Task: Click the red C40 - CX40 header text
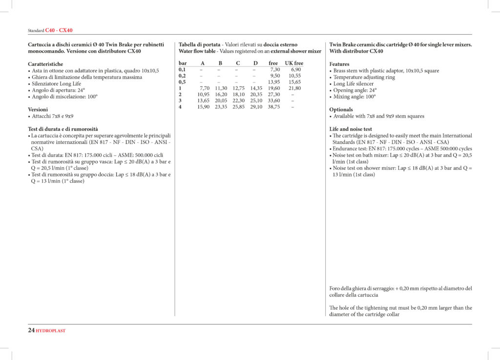pyautogui.click(x=59, y=30)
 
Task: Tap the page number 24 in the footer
pyautogui.click(x=31, y=330)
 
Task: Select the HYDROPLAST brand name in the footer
pyautogui.click(x=51, y=331)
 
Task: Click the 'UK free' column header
pyautogui.click(x=294, y=63)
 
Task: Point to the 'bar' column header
pyautogui.click(x=183, y=63)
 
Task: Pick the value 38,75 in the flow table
pyautogui.click(x=274, y=107)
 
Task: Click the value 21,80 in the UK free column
pyautogui.click(x=294, y=88)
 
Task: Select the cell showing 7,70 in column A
pyautogui.click(x=204, y=88)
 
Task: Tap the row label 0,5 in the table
pyautogui.click(x=182, y=82)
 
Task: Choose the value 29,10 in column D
pyautogui.click(x=256, y=107)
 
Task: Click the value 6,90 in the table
pyautogui.click(x=296, y=69)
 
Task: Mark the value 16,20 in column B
pyautogui.click(x=221, y=94)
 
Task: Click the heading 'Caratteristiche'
pyautogui.click(x=45, y=64)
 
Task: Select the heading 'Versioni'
pyautogui.click(x=38, y=110)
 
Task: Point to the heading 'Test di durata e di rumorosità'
pyautogui.click(x=63, y=129)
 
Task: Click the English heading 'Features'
pyautogui.click(x=339, y=64)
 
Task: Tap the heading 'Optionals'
pyautogui.click(x=341, y=110)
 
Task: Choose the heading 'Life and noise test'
pyautogui.click(x=351, y=129)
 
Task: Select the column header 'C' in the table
pyautogui.click(x=238, y=63)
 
